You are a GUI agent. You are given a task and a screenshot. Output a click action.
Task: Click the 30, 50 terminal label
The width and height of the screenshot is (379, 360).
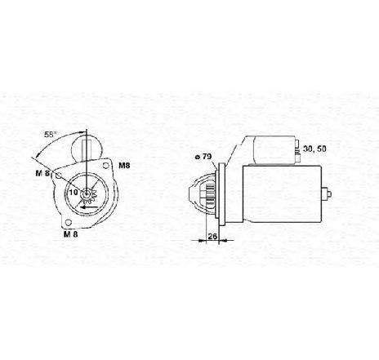313,148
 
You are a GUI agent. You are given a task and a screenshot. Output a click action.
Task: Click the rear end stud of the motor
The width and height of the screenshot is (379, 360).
328,194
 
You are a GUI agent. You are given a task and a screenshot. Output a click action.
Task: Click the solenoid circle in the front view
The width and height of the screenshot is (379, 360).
90,150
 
